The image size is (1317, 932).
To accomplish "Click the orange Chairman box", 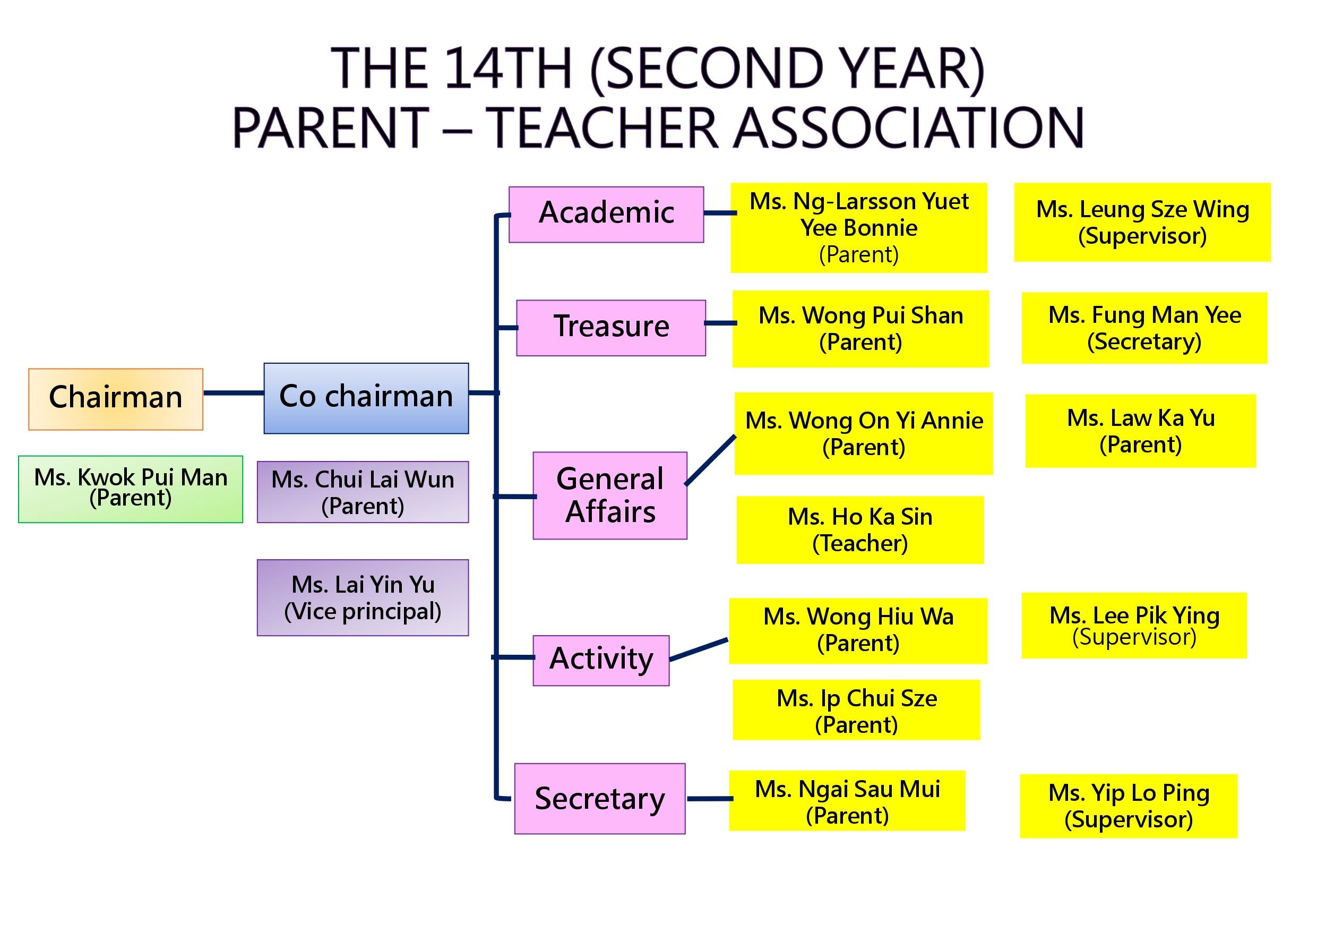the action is (x=116, y=399).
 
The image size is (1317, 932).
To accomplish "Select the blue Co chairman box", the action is (x=366, y=398).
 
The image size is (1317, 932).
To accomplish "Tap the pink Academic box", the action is (x=606, y=215).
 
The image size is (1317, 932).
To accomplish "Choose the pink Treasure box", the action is (x=611, y=328).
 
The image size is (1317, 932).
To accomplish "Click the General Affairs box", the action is (x=610, y=495).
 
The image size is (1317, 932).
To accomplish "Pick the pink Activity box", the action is (x=601, y=660).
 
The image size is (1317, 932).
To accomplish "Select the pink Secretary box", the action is (x=600, y=798).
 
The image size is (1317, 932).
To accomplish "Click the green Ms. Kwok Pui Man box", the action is (x=131, y=489).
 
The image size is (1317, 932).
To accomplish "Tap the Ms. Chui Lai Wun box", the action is (x=363, y=492).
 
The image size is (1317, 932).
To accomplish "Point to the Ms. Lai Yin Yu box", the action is (x=363, y=597).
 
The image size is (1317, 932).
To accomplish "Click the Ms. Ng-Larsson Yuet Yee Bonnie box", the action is (x=859, y=228).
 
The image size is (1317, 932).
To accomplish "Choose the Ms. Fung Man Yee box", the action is (x=1144, y=328).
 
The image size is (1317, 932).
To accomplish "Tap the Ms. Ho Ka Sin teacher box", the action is (x=860, y=529).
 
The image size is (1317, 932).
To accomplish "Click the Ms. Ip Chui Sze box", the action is (x=856, y=710).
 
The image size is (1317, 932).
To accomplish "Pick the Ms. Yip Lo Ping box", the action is (x=1128, y=806).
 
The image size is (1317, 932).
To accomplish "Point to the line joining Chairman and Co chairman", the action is (x=234, y=393).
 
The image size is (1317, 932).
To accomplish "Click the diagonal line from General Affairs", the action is (x=711, y=460).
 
